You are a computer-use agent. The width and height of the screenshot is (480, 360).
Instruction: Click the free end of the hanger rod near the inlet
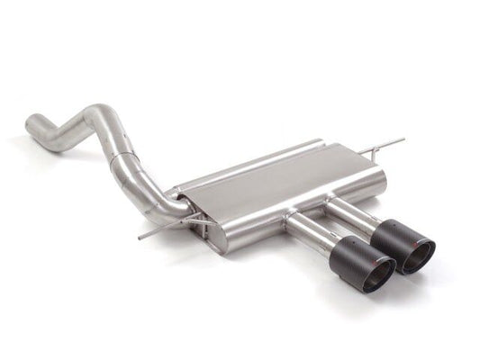141,238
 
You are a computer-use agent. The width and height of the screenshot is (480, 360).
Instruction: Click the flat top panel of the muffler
279,180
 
